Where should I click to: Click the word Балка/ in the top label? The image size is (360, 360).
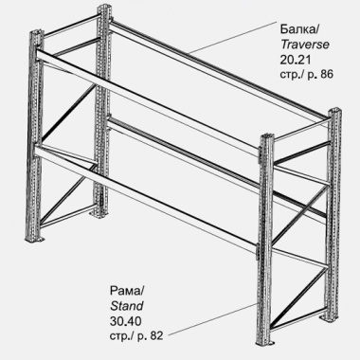(299, 29)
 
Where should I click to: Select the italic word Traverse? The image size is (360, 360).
(305, 45)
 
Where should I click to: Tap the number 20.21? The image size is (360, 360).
(296, 60)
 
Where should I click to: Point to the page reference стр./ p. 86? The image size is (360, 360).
(306, 75)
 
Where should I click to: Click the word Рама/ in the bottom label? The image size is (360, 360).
(127, 291)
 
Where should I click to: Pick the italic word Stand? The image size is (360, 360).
(127, 306)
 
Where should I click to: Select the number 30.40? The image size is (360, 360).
(126, 321)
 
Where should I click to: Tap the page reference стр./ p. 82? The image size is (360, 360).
(136, 336)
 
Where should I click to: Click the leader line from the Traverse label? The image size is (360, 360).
(230, 37)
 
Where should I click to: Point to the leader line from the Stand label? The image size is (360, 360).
(215, 318)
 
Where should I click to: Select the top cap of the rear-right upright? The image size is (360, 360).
(334, 111)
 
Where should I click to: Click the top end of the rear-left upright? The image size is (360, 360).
(104, 8)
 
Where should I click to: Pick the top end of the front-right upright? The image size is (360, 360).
(267, 137)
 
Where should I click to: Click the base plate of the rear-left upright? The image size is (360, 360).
(101, 214)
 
